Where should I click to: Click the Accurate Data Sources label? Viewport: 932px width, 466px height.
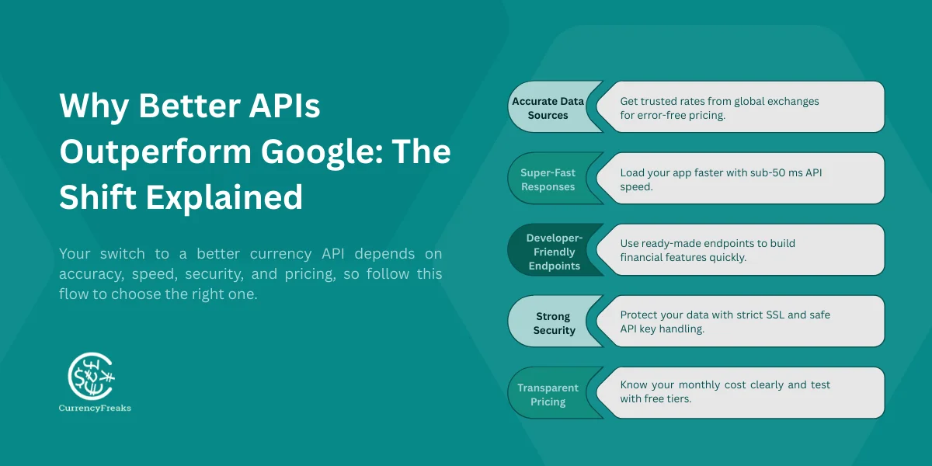click(549, 108)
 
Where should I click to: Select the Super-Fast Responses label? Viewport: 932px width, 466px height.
click(548, 179)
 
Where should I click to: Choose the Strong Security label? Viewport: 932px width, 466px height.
click(553, 323)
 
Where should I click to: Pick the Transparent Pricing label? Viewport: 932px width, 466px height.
click(548, 395)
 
